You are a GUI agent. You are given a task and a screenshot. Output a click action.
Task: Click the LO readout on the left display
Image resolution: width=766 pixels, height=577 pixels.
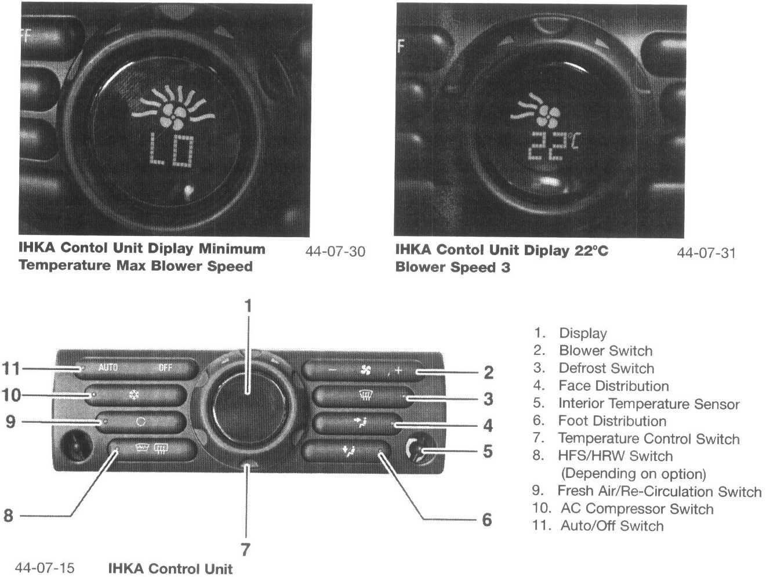point(171,150)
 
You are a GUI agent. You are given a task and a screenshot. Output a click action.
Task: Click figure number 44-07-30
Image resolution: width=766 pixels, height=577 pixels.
point(335,252)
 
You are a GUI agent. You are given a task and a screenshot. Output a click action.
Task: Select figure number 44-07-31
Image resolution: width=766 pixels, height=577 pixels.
point(706,253)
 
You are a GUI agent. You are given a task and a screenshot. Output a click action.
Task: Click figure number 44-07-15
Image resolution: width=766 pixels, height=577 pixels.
point(45,567)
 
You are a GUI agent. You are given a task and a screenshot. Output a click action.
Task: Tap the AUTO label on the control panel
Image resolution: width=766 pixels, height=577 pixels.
point(108,368)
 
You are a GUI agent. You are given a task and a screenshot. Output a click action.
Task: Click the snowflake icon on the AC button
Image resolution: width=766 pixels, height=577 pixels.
point(133,396)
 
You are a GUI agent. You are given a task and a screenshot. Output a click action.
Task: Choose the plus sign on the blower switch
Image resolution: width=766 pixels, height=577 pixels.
point(398,371)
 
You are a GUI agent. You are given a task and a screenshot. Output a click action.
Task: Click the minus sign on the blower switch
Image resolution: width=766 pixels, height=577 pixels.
point(332,370)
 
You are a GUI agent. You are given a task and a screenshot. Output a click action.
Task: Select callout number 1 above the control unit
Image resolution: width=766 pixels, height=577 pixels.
point(248,306)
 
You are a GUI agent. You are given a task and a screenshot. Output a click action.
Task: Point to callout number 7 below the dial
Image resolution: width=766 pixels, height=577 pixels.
point(245,549)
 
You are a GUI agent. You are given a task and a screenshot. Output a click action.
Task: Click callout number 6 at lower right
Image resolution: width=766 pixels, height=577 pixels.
point(487,520)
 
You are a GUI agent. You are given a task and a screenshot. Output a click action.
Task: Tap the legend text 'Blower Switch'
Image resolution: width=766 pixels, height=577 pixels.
point(605,351)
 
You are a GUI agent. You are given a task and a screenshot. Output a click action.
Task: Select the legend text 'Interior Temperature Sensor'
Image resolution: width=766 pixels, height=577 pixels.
point(648,404)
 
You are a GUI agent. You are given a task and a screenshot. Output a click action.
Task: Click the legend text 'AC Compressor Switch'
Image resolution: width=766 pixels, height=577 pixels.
point(637,509)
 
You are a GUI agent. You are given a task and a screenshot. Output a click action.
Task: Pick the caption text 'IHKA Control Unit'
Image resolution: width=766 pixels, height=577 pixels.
point(170,568)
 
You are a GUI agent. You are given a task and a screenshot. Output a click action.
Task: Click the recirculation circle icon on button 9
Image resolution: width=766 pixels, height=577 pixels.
point(140,422)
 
